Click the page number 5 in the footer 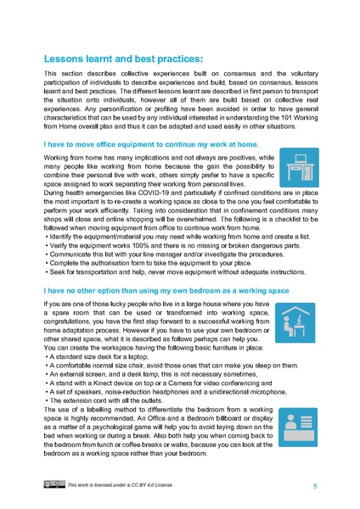pos(315,486)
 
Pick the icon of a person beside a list pos(299,420)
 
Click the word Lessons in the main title pos(69,59)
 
